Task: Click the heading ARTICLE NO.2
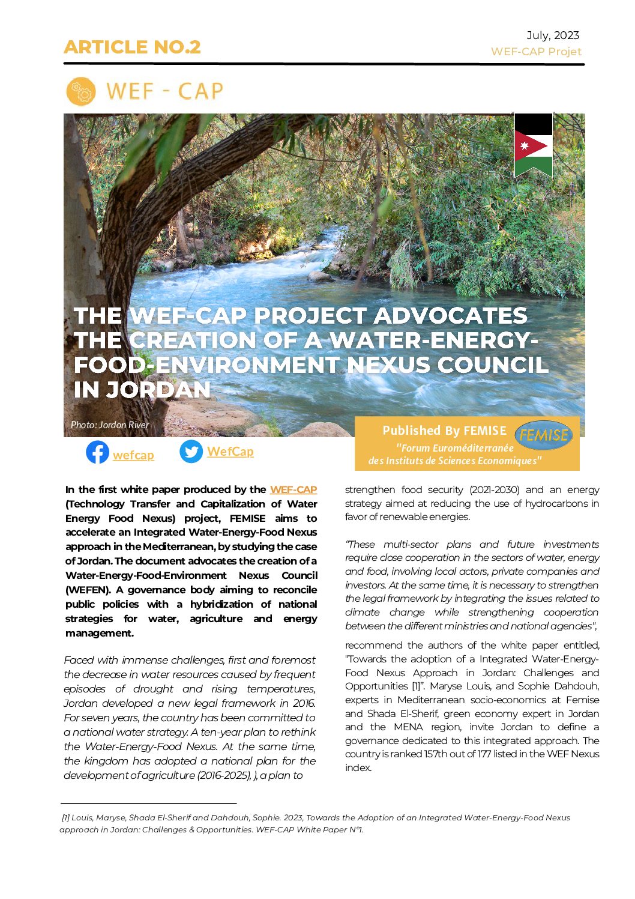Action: click(132, 47)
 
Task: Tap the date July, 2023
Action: click(552, 35)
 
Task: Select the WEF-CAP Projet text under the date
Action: click(536, 52)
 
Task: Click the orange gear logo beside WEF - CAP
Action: click(81, 92)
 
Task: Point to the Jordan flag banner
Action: click(533, 145)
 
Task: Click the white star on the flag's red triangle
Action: click(524, 145)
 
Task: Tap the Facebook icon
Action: click(97, 452)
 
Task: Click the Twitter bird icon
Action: click(191, 452)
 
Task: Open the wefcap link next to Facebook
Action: click(133, 455)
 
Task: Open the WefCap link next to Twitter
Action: click(230, 452)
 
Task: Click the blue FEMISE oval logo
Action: click(544, 435)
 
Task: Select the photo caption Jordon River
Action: click(110, 425)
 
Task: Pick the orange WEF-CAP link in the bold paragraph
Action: click(293, 489)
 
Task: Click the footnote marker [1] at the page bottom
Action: click(65, 817)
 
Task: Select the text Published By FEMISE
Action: click(444, 431)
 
